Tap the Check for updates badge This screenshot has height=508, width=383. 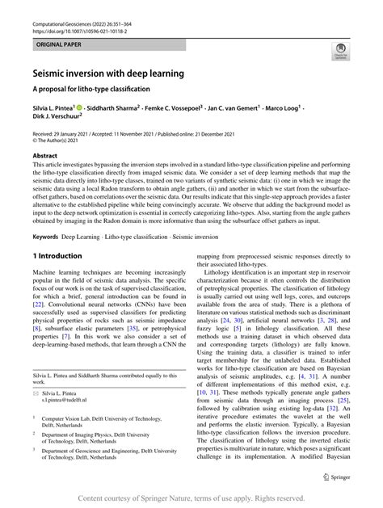click(x=340, y=54)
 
